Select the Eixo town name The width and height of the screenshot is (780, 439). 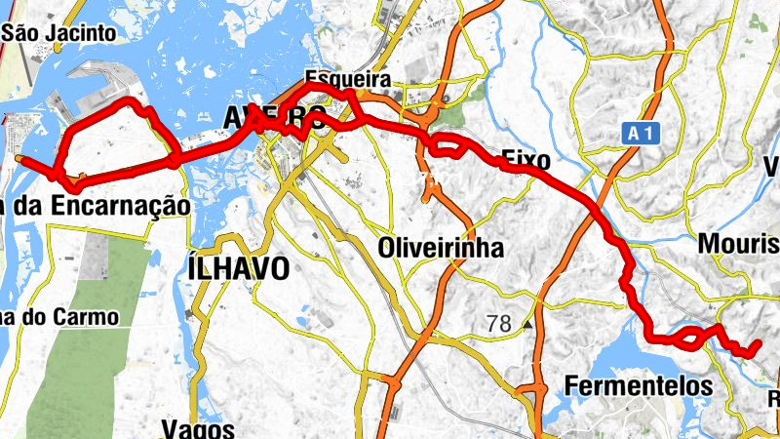pos(526,160)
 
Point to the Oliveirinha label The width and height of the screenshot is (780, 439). pos(441,248)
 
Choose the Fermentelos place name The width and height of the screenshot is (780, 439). pos(639,385)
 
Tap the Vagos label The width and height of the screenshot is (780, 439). pos(199,428)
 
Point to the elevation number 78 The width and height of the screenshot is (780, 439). pos(498,325)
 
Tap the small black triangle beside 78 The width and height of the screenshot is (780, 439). pos(527,325)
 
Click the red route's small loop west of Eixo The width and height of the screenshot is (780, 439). pos(447,148)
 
